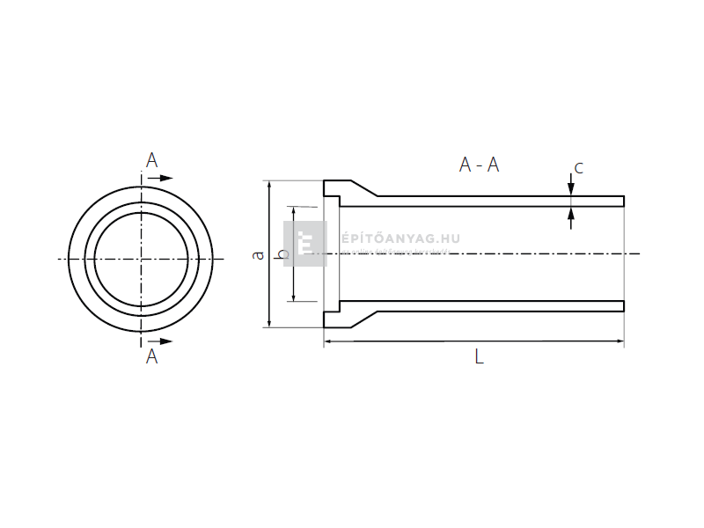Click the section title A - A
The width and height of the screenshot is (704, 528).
coord(479,165)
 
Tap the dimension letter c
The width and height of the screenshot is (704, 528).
coord(578,167)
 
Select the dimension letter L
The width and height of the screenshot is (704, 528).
coord(479,356)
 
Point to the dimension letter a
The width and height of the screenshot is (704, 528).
coord(258,254)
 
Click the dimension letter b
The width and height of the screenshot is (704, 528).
coord(282,254)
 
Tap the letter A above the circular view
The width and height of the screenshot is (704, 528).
coord(151,160)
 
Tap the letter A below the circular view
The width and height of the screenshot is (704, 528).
coord(151,356)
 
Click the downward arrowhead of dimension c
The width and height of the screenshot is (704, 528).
coord(571,190)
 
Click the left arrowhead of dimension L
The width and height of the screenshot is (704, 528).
coord(329,341)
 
